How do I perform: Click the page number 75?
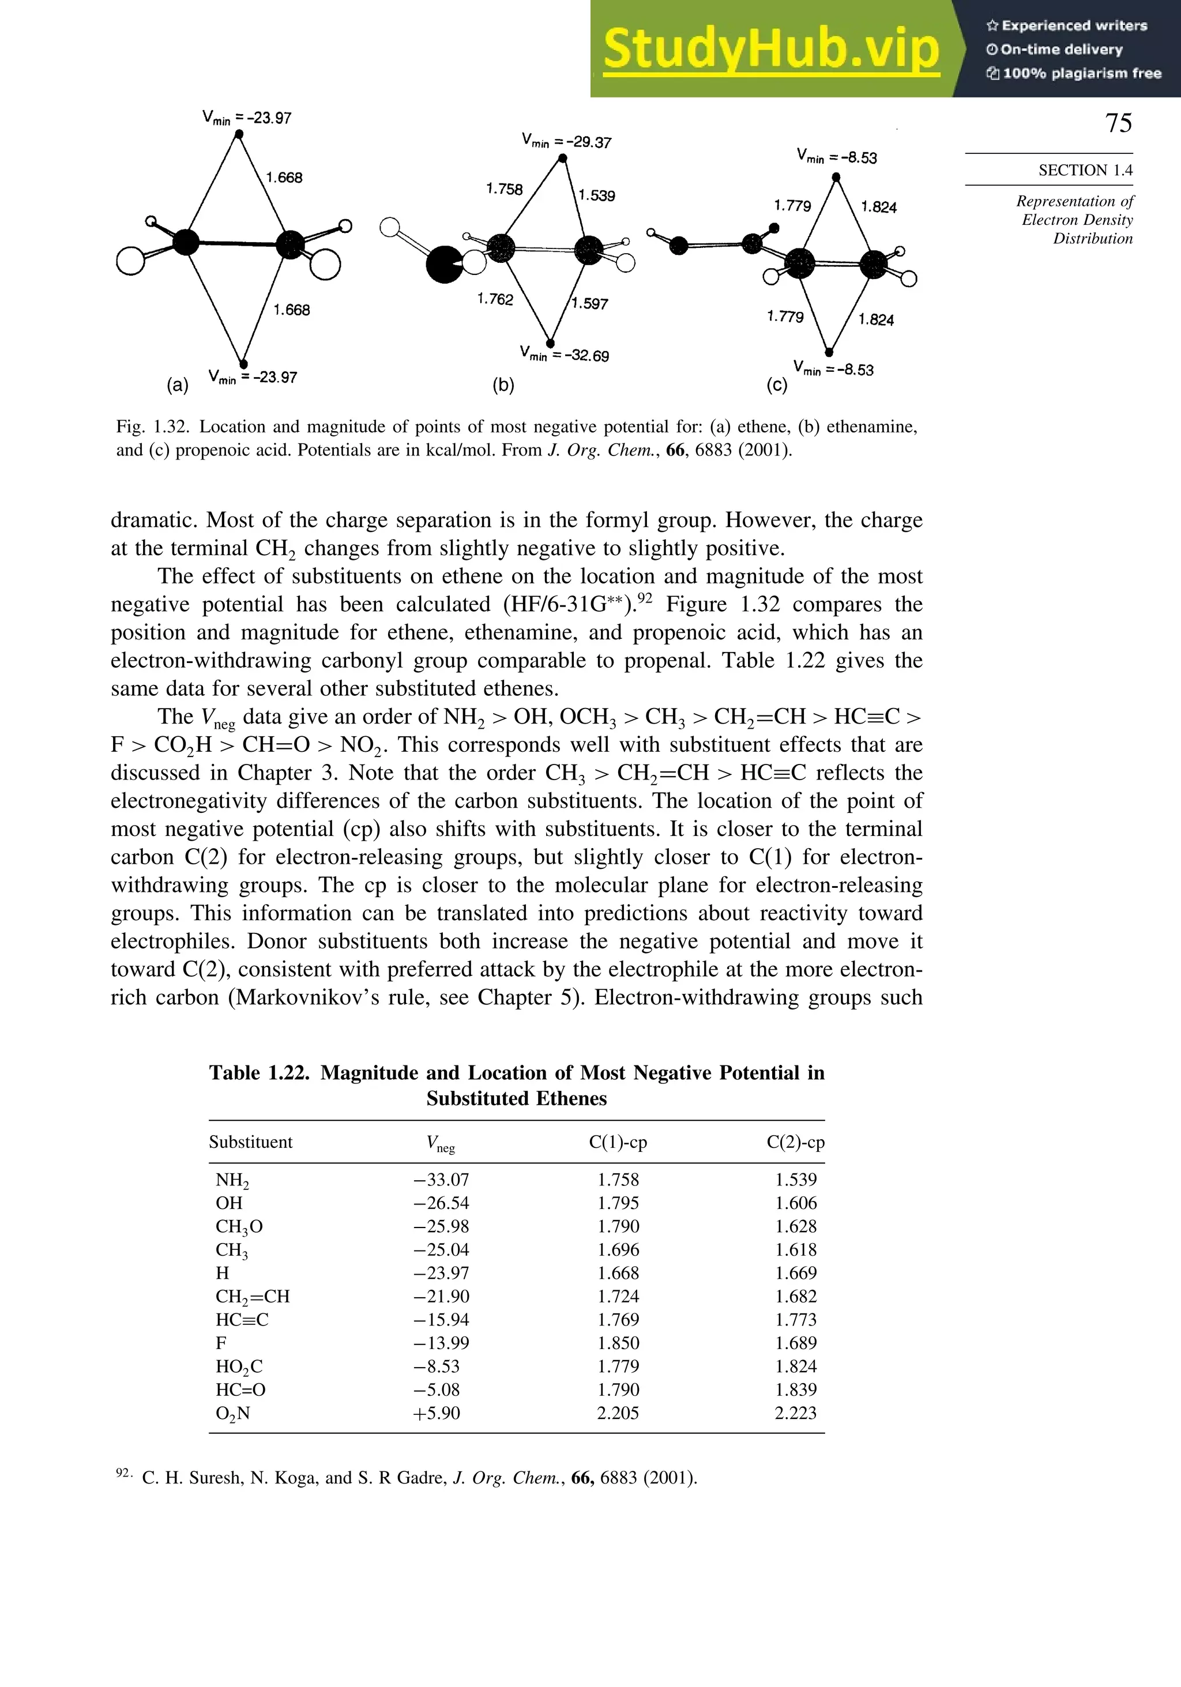[x=1119, y=123]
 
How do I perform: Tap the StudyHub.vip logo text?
[x=771, y=49]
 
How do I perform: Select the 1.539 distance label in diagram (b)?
[x=597, y=195]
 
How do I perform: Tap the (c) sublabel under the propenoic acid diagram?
[x=776, y=385]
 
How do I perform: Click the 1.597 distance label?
[x=590, y=303]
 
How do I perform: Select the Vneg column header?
[x=440, y=1143]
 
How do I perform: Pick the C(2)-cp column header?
[x=795, y=1142]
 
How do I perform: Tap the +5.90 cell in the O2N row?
[x=437, y=1413]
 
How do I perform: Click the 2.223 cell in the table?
[x=795, y=1413]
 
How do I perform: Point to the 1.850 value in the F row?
[x=618, y=1343]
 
